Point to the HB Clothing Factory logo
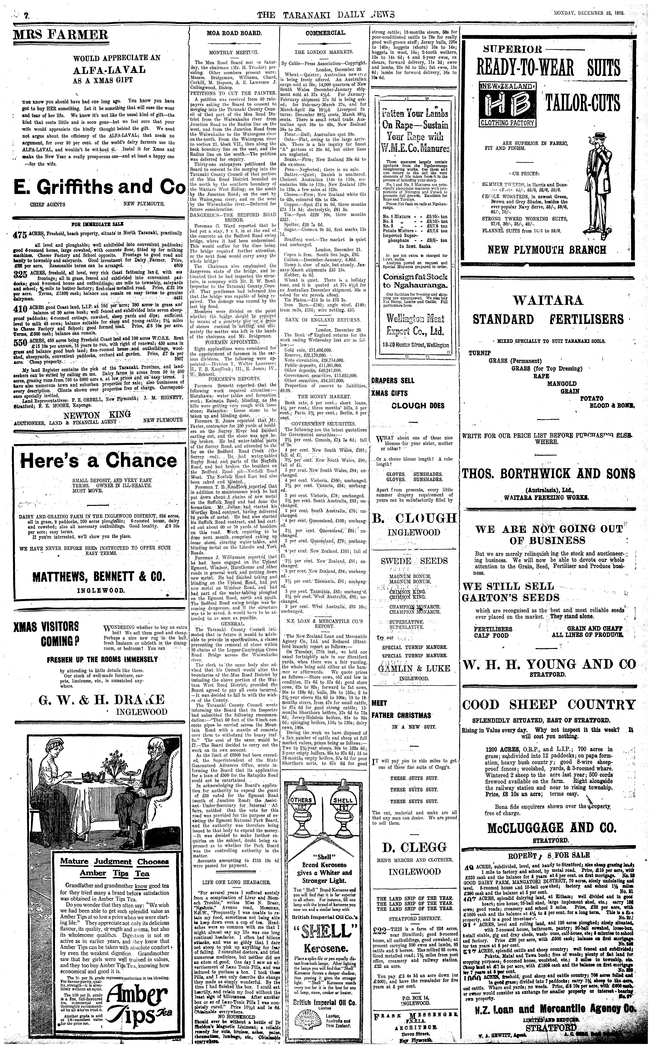(x=509, y=104)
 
